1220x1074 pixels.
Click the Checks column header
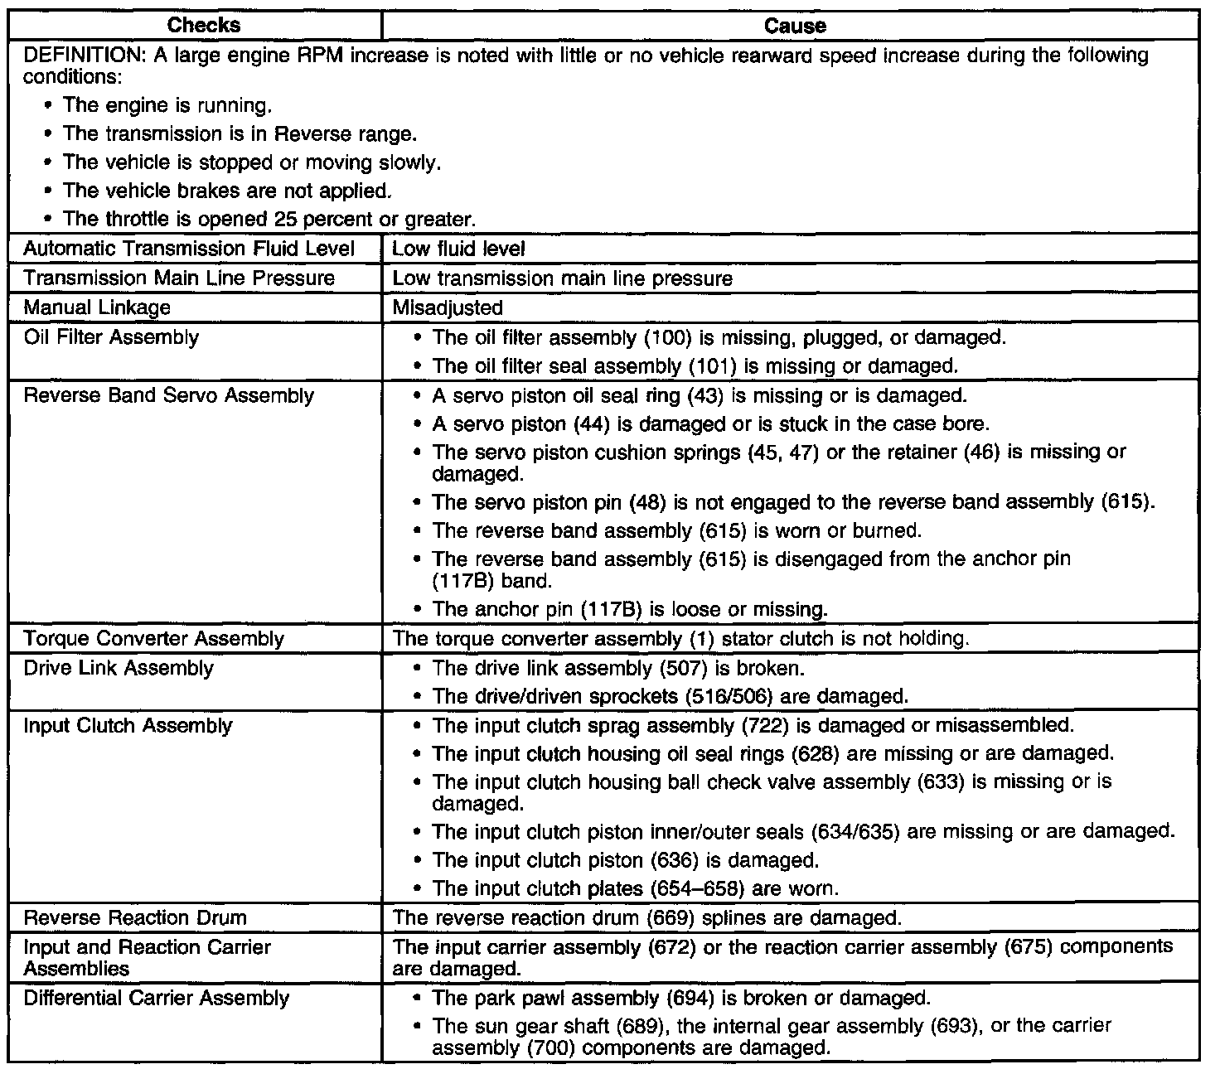click(204, 25)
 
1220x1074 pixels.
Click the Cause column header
click(795, 26)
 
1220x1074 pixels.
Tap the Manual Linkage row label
click(97, 307)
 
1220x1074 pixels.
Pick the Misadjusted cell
click(448, 308)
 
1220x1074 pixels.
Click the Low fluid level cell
click(458, 249)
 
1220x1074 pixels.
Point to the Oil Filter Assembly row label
click(111, 337)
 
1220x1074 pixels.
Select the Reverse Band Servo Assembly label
click(168, 395)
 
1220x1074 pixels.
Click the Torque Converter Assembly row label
click(153, 639)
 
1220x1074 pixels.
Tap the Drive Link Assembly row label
click(119, 668)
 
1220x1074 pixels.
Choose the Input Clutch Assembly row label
click(128, 726)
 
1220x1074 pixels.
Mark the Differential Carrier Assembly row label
click(157, 998)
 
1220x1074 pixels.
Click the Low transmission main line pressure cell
click(562, 278)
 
